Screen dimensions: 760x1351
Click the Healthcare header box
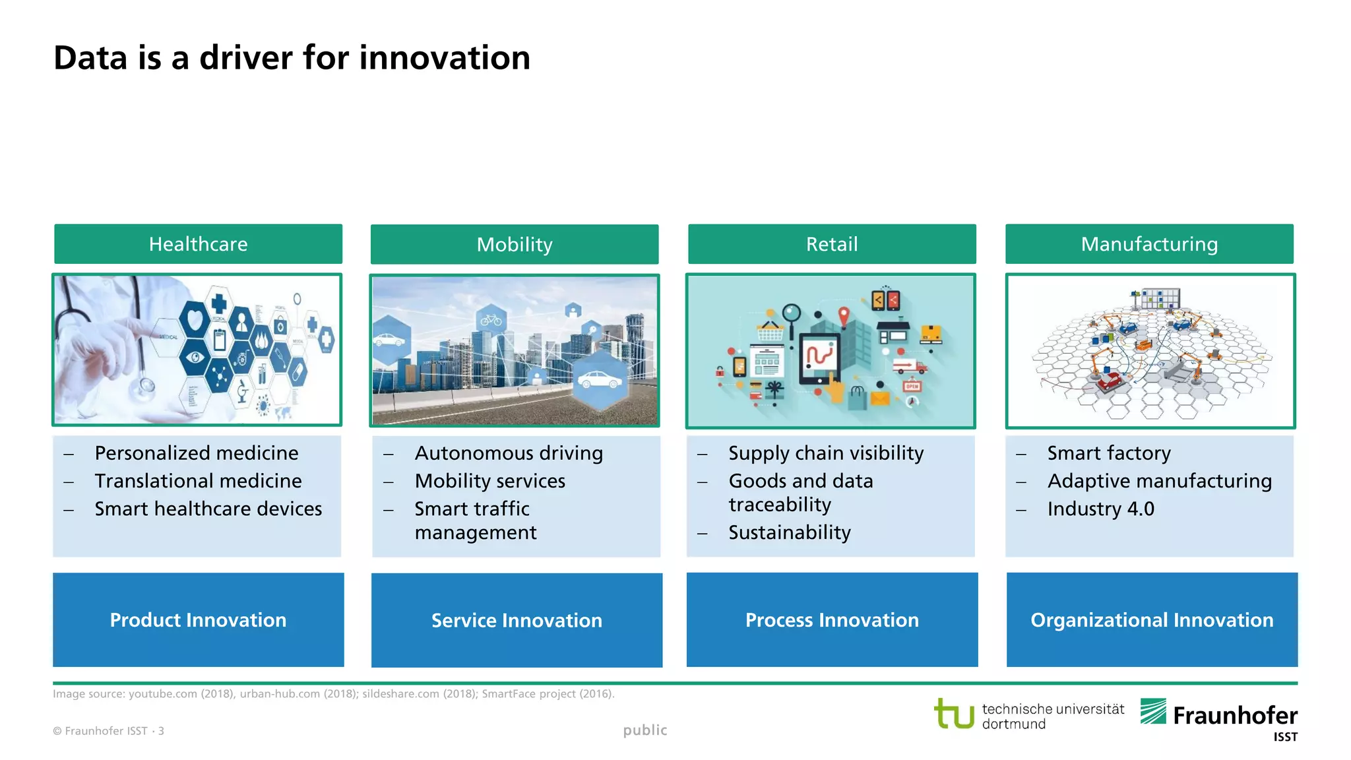[198, 244]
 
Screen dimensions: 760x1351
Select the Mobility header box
[515, 245]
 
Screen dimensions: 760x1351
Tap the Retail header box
[832, 244]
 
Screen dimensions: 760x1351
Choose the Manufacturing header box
[1149, 244]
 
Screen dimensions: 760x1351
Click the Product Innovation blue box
[198, 619]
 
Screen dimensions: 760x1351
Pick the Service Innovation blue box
[517, 620]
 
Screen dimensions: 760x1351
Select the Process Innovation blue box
[832, 619]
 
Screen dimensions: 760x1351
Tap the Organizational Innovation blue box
[1152, 619]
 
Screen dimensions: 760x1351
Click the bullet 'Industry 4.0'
[1100, 509]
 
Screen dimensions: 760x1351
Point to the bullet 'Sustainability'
[789, 532]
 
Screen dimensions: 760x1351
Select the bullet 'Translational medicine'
[198, 481]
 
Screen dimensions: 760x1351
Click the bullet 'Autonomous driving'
[509, 453]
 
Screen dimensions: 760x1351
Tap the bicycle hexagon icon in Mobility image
[491, 321]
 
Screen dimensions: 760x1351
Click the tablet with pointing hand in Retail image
[821, 360]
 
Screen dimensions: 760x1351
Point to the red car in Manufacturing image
[1109, 381]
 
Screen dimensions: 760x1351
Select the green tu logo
[954, 714]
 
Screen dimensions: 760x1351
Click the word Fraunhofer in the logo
[1235, 715]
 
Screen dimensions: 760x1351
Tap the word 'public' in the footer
[645, 730]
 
